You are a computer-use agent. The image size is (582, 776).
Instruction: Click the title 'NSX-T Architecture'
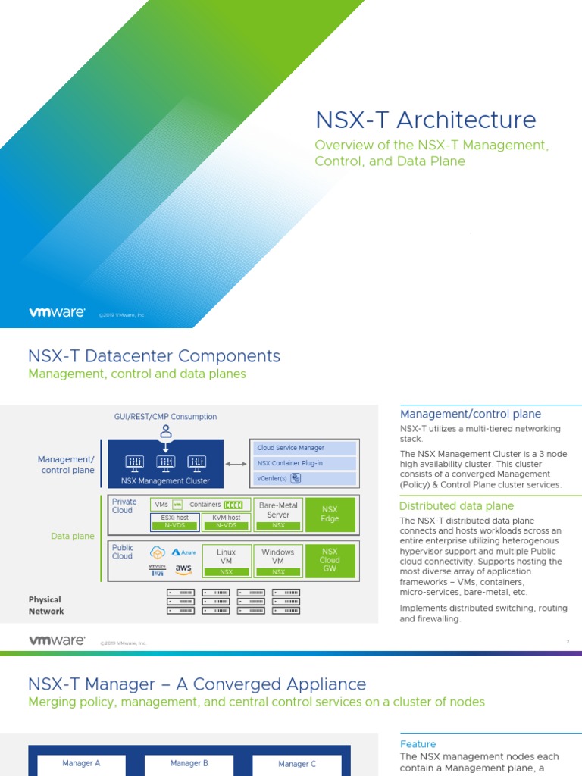[x=425, y=120]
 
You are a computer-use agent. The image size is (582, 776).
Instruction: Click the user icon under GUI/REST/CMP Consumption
[x=166, y=432]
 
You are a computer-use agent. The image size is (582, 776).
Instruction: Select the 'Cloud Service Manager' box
[x=302, y=448]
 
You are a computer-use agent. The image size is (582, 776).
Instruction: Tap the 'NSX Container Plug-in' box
[x=302, y=463]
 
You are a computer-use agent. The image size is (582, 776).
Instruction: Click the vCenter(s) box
[x=302, y=478]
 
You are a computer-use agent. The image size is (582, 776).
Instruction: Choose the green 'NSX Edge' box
[x=330, y=515]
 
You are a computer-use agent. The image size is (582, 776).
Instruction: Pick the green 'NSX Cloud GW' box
[x=330, y=560]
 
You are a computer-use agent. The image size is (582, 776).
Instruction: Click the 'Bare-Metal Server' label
[x=278, y=509]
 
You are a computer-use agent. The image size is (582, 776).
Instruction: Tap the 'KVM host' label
[x=226, y=518]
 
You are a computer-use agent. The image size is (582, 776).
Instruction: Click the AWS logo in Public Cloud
[x=183, y=569]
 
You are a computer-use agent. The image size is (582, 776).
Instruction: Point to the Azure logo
[x=184, y=552]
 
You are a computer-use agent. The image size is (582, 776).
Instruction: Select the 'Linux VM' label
[x=226, y=556]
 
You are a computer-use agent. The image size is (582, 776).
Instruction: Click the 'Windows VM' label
[x=278, y=556]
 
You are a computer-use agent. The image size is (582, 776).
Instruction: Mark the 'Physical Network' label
[x=45, y=605]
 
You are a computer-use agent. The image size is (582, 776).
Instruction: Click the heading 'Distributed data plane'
[x=456, y=506]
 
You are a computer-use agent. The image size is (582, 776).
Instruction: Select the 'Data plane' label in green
[x=73, y=536]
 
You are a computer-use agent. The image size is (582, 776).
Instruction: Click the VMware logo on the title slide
[x=57, y=311]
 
